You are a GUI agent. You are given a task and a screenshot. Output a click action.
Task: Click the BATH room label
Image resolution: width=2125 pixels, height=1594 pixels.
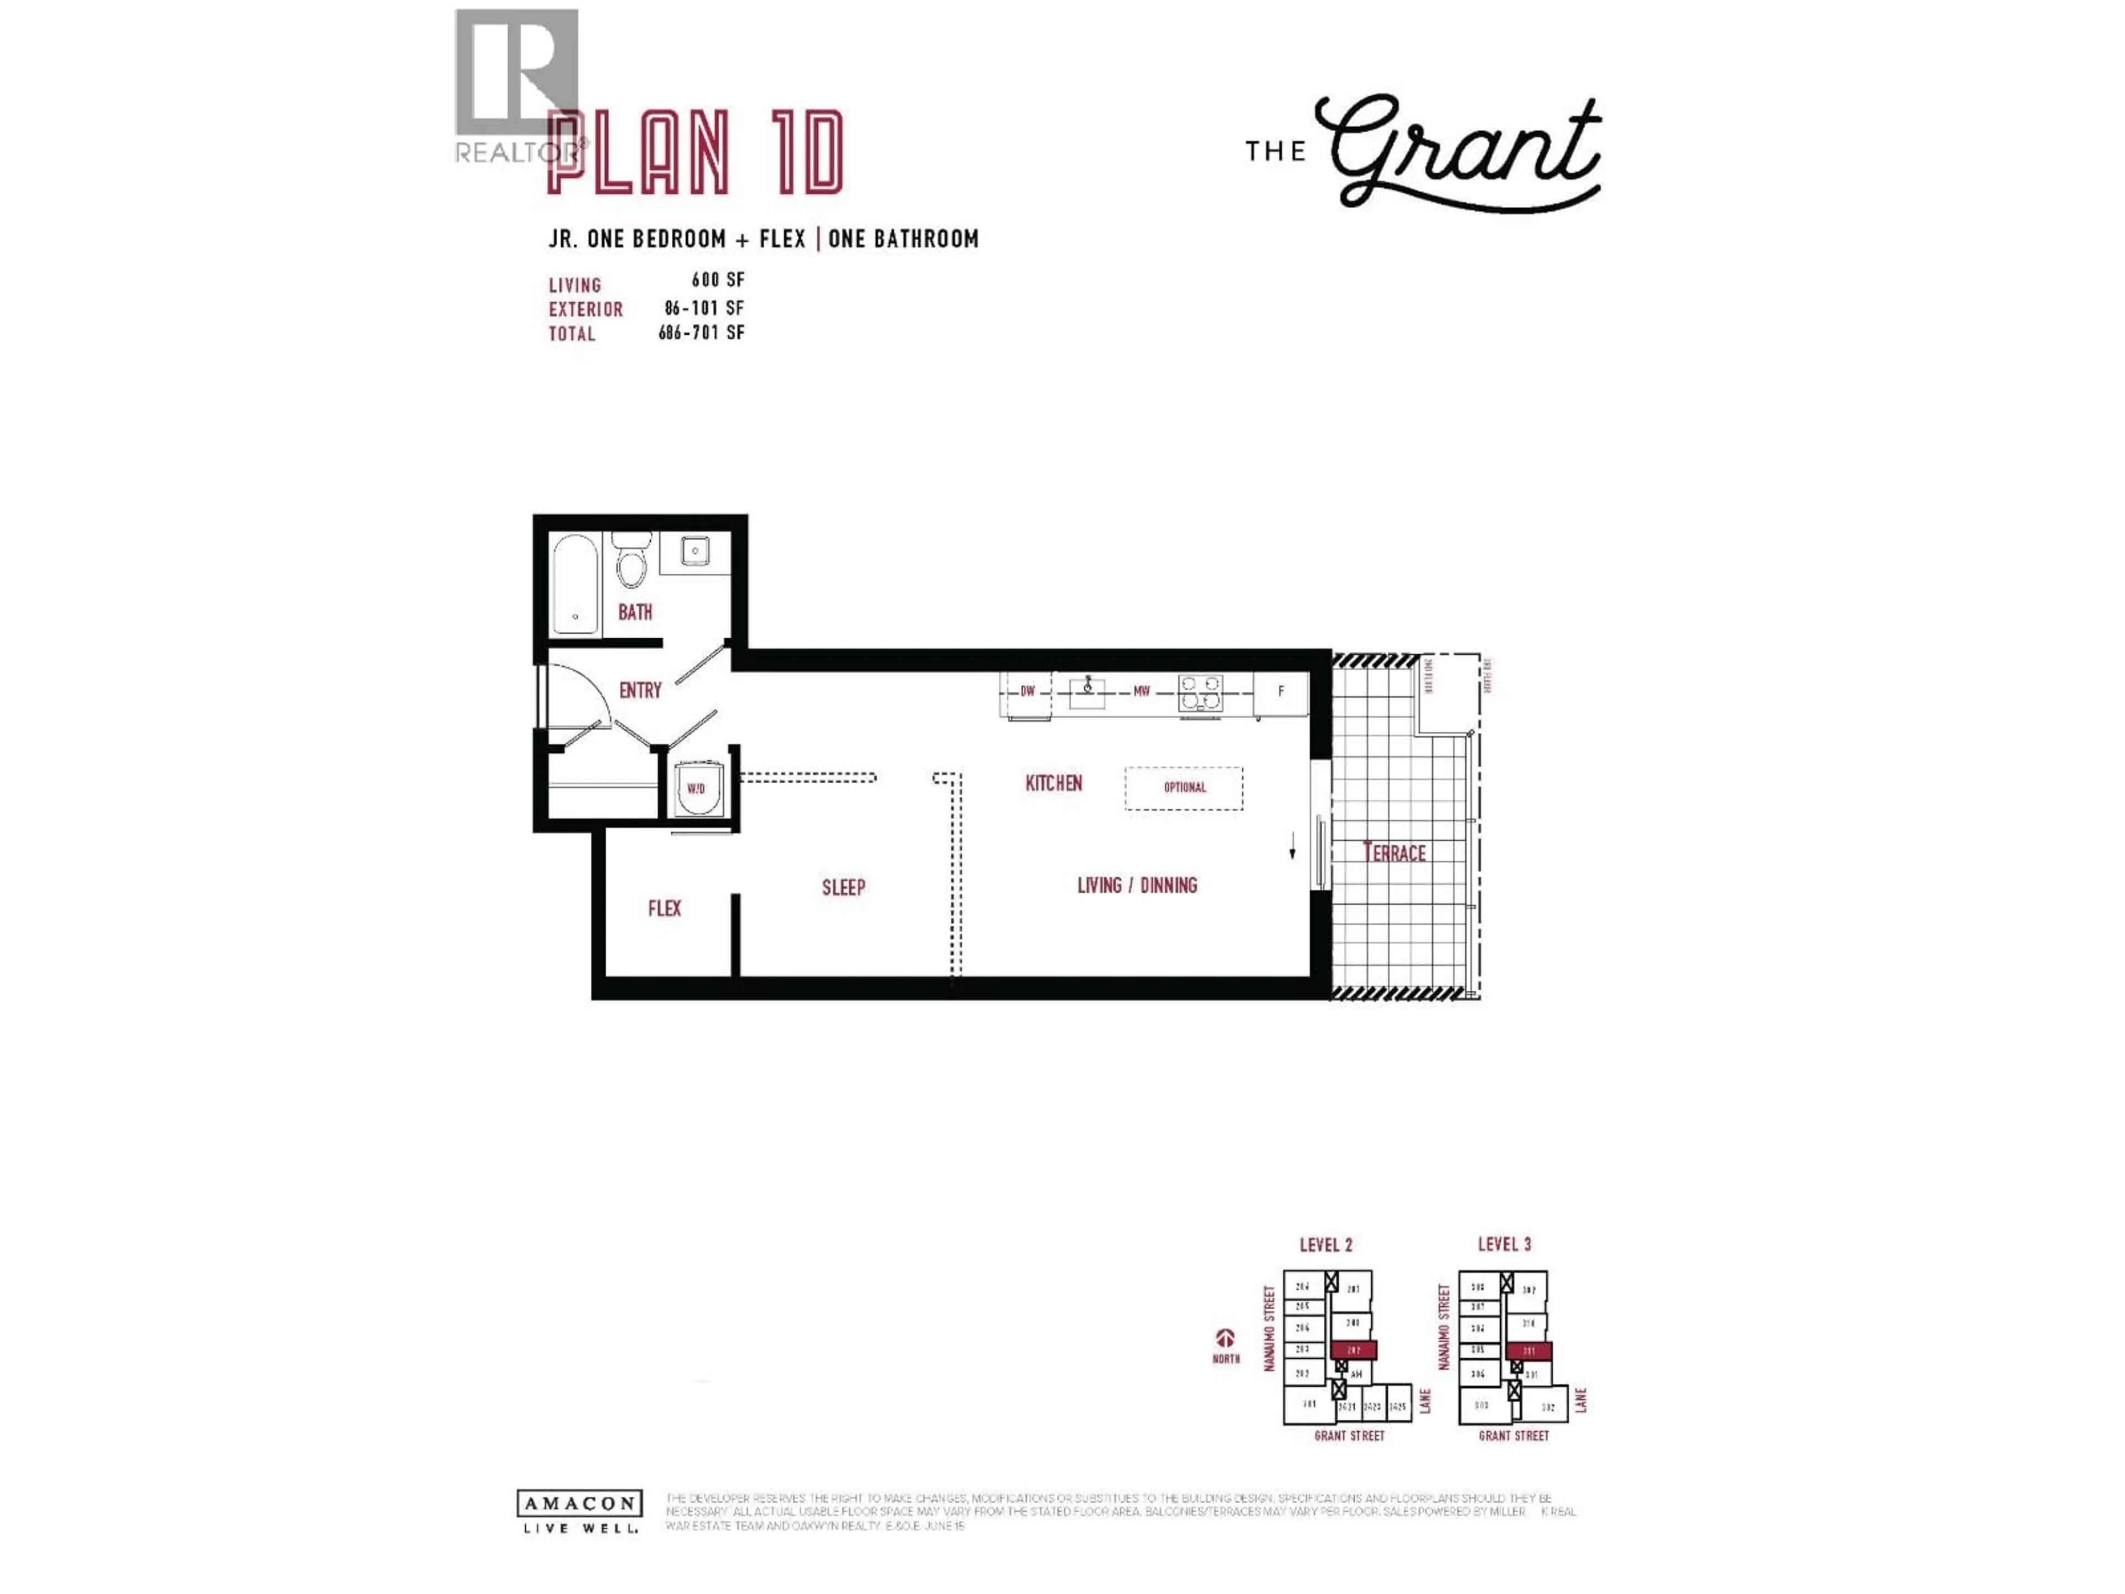pos(634,612)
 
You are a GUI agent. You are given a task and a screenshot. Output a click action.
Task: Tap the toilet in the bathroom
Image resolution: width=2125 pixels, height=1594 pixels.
pos(631,563)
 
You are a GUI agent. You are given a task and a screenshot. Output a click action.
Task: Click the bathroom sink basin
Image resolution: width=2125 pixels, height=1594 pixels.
pos(694,551)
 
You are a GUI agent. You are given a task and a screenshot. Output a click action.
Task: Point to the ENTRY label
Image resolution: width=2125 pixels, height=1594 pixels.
pos(640,690)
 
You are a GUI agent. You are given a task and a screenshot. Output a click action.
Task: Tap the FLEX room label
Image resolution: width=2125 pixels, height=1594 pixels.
pos(664,908)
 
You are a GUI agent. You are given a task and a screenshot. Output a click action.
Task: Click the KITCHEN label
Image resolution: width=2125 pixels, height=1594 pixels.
pos(1054,783)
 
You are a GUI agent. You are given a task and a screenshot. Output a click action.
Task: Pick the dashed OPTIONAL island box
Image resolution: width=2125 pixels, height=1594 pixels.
pos(1184,787)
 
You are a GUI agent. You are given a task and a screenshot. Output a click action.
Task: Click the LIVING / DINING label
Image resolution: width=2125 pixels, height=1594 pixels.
pos(1137,885)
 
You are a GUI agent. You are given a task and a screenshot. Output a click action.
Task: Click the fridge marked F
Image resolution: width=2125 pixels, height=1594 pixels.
pos(1281,691)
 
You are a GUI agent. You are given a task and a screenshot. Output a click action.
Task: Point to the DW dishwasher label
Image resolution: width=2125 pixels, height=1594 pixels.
pos(1027,691)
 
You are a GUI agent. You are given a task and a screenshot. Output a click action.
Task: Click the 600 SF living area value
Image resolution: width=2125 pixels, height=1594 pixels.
pos(718,280)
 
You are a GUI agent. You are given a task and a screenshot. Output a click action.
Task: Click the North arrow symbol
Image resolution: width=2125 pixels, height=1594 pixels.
pos(1225,1337)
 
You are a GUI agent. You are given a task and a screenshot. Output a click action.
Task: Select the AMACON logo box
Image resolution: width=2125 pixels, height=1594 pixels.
pos(579,1503)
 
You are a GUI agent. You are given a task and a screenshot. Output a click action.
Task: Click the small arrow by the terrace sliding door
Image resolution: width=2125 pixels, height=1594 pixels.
pos(1292,846)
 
